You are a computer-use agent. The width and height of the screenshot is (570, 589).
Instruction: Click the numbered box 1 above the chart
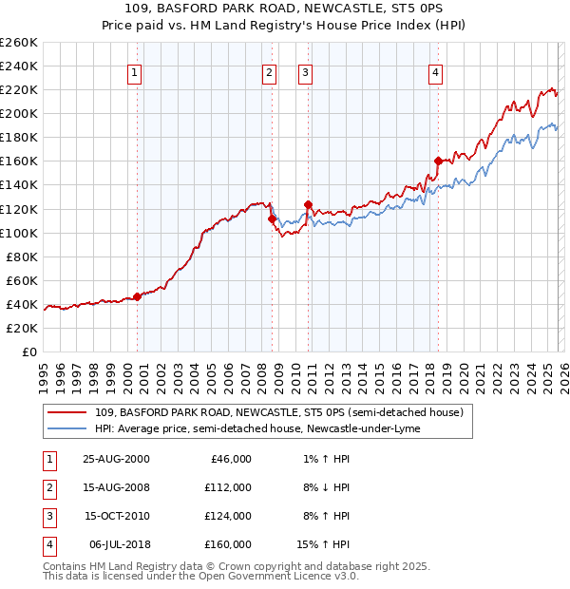click(134, 72)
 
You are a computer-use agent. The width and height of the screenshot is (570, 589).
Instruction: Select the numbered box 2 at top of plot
click(269, 72)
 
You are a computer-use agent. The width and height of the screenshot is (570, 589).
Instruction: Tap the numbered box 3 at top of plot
click(305, 72)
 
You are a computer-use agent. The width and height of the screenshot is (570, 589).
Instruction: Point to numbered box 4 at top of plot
click(435, 72)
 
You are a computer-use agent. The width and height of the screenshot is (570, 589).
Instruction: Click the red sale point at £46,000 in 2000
click(138, 296)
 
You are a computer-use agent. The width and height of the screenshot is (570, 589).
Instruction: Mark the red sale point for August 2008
click(272, 218)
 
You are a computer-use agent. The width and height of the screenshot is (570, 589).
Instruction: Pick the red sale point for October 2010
click(308, 204)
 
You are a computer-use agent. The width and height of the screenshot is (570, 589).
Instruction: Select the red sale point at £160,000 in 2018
click(438, 161)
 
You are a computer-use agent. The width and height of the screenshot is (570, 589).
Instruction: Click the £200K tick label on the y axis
click(18, 113)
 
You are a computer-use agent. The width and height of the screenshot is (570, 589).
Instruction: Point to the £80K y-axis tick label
click(21, 256)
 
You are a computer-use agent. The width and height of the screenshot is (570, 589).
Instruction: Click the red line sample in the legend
click(68, 412)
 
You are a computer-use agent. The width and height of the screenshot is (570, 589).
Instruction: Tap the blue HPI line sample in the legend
click(68, 428)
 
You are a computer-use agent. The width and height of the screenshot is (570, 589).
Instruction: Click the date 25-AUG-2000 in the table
click(116, 459)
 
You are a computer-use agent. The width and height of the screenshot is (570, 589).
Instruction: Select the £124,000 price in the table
click(229, 516)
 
